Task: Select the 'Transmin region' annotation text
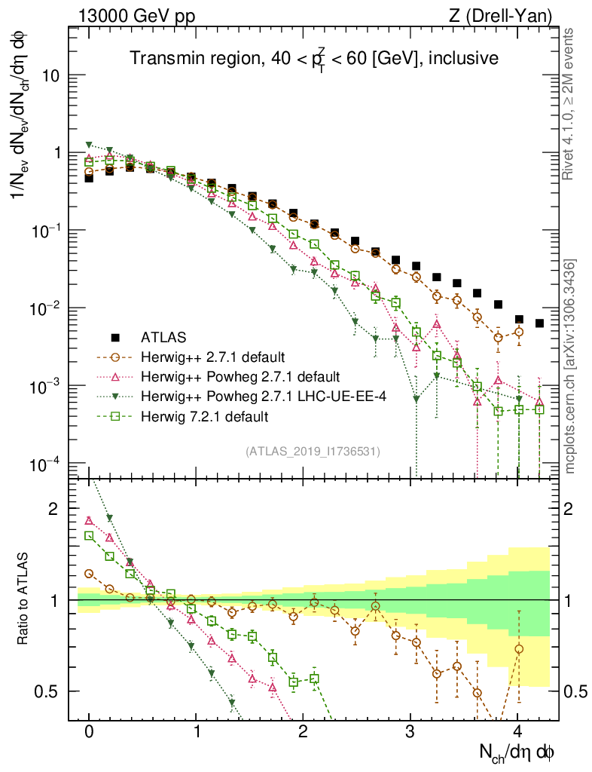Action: (x=313, y=59)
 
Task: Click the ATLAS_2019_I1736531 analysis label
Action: (x=312, y=452)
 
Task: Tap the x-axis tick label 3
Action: (x=410, y=731)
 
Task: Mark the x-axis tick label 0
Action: (x=89, y=731)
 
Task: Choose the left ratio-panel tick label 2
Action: (x=53, y=510)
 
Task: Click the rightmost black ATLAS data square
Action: (x=539, y=323)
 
